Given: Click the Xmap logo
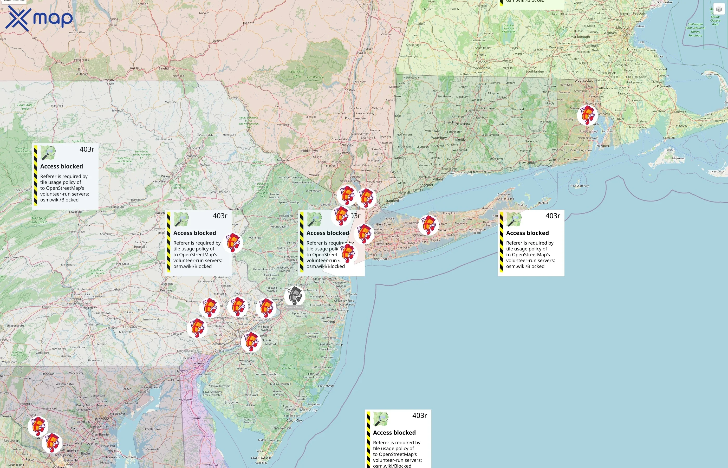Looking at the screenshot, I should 39,18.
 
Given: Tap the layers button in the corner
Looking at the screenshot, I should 719,9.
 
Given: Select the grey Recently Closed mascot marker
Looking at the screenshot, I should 294,296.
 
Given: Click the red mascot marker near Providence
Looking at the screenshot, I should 587,115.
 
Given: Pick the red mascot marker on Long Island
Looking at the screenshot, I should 428,225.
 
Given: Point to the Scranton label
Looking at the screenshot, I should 191,156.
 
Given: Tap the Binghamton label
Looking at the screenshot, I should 167,68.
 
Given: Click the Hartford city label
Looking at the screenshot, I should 472,111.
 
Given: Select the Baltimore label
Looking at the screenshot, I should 101,419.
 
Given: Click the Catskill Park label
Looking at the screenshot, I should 297,74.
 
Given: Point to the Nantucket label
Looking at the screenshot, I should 718,172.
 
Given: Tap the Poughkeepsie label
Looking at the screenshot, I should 355,118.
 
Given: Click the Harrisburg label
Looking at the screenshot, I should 75,299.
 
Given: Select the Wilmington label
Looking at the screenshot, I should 202,363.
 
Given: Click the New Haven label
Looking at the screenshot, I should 450,169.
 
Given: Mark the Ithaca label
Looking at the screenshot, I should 112,25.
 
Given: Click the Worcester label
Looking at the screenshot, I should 556,47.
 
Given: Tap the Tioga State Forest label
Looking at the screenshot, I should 25,107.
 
